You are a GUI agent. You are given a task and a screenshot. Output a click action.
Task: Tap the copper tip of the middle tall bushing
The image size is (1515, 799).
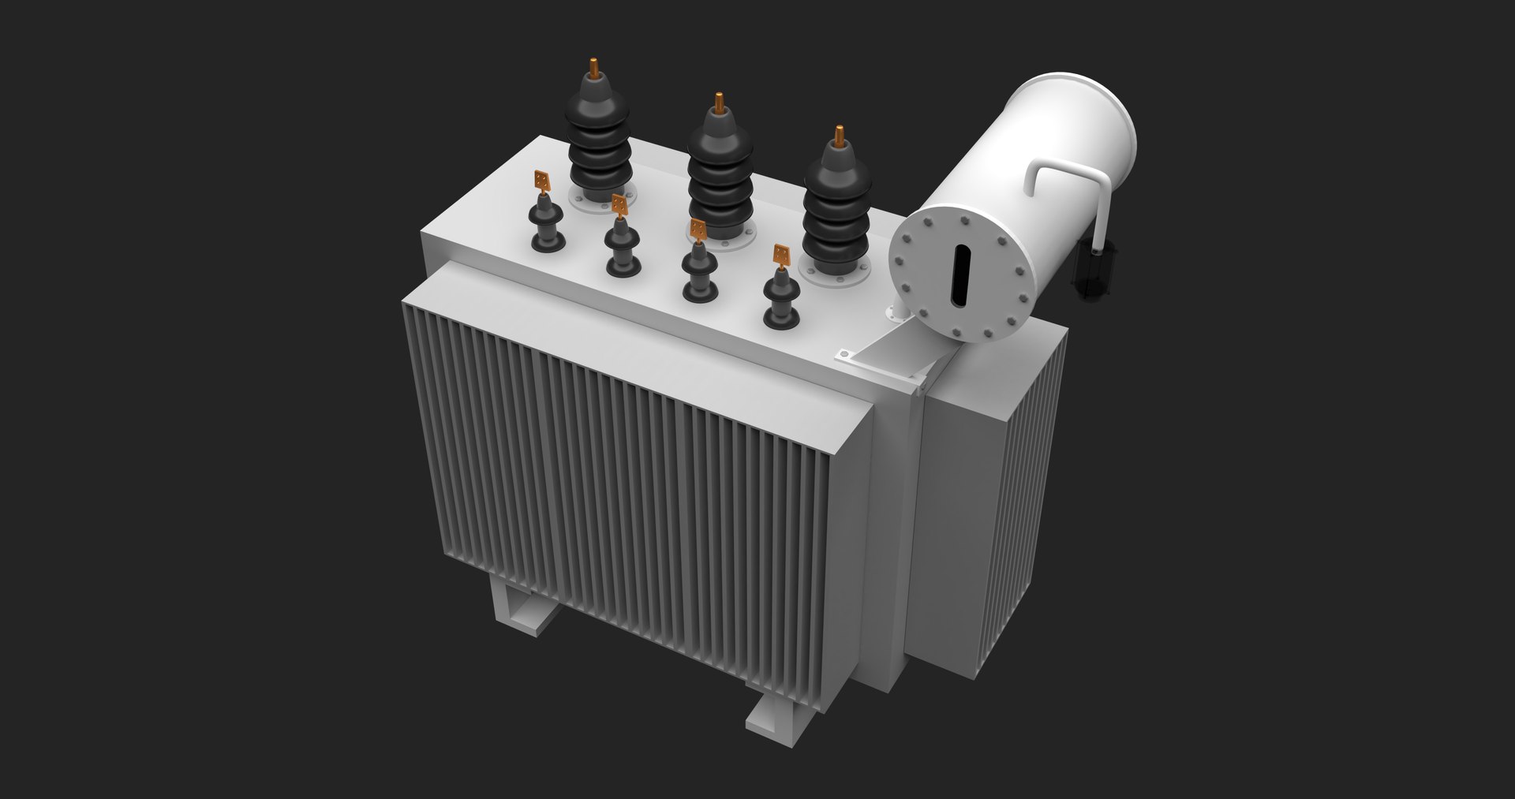[719, 102]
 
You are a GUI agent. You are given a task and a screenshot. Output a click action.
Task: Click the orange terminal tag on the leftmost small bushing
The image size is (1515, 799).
[541, 181]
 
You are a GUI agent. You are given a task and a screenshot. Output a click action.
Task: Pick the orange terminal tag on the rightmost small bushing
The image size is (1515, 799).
[781, 255]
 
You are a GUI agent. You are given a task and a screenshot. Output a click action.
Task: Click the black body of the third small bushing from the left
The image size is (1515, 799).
[699, 272]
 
